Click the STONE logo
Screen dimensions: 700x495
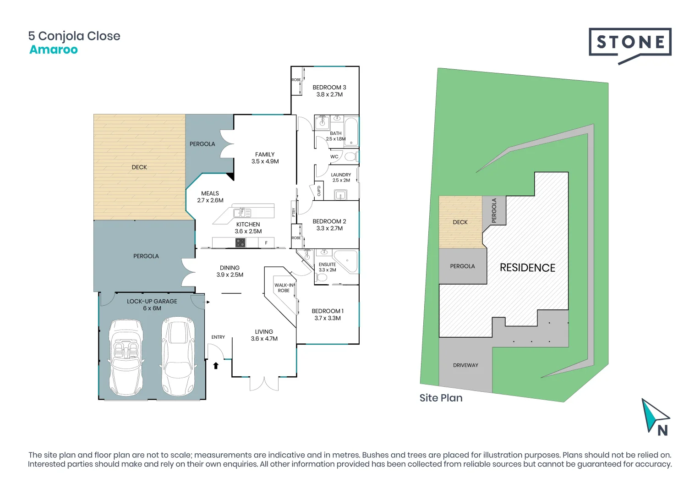(630, 44)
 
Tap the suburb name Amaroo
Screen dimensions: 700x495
(54, 49)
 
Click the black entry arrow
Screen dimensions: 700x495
(216, 365)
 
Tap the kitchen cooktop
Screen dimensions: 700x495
(241, 243)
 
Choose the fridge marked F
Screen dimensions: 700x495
(266, 243)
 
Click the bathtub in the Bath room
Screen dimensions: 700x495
(351, 131)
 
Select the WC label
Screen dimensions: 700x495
(334, 157)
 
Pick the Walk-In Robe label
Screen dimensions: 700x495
(284, 288)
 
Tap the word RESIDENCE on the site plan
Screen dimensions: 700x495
(527, 268)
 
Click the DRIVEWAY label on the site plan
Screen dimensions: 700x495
(465, 365)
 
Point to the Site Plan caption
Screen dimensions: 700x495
(441, 398)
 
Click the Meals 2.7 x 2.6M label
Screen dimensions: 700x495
(210, 197)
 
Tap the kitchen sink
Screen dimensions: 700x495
(242, 213)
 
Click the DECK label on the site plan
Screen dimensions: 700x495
(460, 222)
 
